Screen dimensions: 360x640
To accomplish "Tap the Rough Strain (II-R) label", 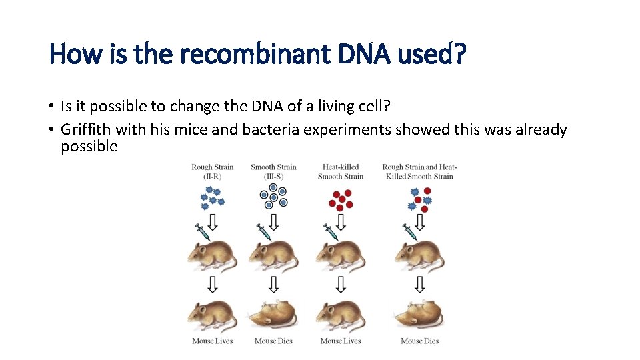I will tap(212, 171).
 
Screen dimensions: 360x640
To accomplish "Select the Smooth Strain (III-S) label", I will tap(273, 171).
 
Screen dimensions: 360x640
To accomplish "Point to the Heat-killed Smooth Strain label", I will tap(341, 171).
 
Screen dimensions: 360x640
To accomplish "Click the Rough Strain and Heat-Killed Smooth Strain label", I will tap(419, 171).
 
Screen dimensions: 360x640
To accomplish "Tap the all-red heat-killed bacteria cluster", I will tap(341, 198).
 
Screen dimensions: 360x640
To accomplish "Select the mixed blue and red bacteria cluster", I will tap(419, 198).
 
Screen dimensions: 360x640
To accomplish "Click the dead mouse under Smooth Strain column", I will tap(273, 316).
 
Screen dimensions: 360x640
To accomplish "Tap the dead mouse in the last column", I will tap(419, 316).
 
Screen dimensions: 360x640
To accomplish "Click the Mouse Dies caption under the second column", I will tap(273, 341).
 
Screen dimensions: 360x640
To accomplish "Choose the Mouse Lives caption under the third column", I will tap(341, 341).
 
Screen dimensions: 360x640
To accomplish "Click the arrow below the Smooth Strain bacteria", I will tap(273, 221).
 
